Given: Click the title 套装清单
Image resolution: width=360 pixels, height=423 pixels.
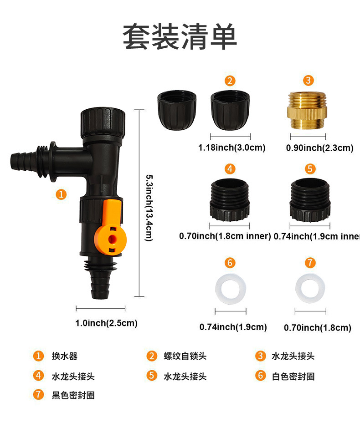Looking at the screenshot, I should click(180, 37).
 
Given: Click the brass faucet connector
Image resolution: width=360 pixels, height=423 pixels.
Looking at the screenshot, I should click(309, 111).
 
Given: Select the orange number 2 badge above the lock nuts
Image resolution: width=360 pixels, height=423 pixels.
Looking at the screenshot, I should click(230, 81).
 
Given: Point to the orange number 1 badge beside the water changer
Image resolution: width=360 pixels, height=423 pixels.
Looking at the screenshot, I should click(61, 194).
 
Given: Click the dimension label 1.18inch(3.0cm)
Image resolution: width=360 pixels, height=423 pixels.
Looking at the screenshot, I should click(231, 148).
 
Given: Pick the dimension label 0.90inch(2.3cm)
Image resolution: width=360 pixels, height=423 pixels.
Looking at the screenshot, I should click(319, 148).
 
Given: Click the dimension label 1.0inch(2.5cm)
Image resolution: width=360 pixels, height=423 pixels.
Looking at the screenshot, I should click(106, 323).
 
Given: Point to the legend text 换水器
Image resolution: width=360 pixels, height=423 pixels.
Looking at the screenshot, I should click(61, 356).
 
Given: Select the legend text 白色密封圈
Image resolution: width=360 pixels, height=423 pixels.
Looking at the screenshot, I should click(293, 377).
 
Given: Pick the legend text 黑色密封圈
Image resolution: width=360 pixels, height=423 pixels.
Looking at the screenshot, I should click(73, 395).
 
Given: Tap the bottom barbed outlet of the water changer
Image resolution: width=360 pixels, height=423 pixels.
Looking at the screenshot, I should click(101, 285).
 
